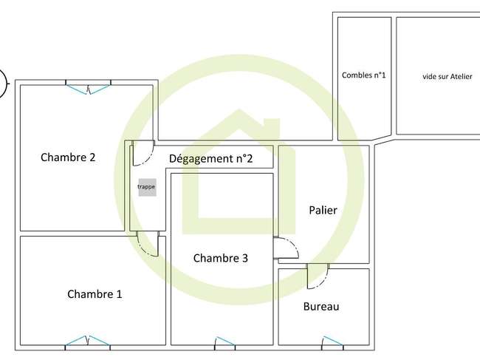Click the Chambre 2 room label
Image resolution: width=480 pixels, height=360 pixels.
[68, 157]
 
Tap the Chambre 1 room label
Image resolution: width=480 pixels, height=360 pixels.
[95, 294]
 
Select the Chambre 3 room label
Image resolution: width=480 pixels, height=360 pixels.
[221, 258]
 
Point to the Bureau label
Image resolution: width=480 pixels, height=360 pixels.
[321, 306]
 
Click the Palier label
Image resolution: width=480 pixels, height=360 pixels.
[323, 210]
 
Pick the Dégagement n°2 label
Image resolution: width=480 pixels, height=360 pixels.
[211, 159]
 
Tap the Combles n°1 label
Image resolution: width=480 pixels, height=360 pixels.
[363, 75]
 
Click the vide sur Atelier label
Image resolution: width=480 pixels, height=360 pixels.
[448, 76]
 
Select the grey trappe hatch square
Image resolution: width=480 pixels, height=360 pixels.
[147, 187]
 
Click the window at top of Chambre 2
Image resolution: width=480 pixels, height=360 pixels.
[88, 87]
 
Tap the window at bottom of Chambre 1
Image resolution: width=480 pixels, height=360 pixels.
[88, 342]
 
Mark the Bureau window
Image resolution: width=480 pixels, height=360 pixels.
[332, 343]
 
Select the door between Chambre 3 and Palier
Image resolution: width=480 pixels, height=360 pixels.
[287, 248]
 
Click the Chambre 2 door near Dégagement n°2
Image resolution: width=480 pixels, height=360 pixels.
[143, 153]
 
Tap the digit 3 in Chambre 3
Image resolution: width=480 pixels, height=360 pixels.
[245, 258]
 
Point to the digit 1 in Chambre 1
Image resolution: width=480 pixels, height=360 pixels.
[119, 294]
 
